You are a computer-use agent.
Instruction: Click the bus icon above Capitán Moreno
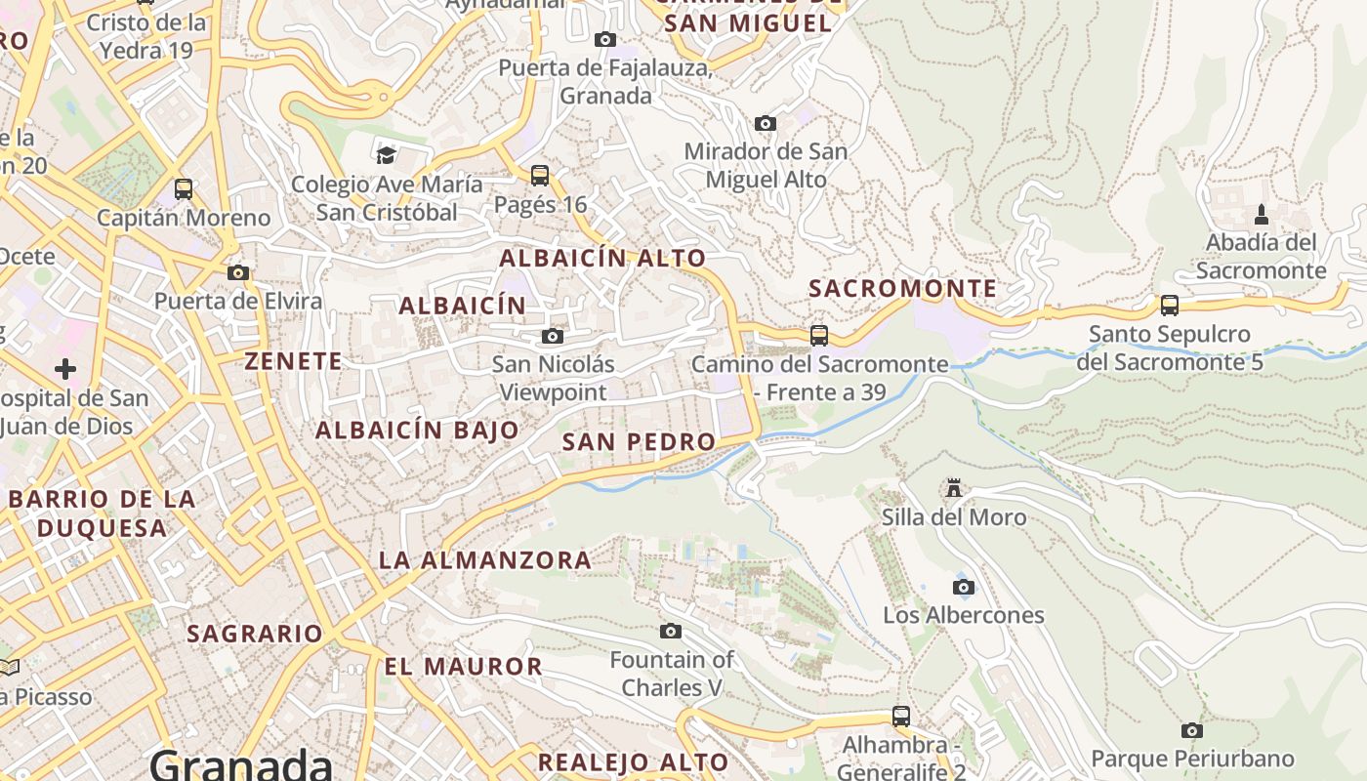(184, 189)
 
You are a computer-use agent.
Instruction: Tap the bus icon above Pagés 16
(540, 176)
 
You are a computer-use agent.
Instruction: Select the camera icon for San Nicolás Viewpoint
(553, 337)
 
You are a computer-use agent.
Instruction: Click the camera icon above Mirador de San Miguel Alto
(766, 124)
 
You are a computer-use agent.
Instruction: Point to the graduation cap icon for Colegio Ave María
(387, 155)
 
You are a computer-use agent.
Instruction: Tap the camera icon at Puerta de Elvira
(237, 273)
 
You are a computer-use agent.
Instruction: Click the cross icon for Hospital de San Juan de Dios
(65, 369)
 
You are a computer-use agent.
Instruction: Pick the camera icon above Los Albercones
(964, 587)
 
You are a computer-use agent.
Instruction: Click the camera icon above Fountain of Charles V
(671, 632)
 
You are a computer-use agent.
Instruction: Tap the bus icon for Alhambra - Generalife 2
(901, 717)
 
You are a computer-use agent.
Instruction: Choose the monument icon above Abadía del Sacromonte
(1261, 214)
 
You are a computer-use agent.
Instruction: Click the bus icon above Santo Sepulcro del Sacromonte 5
(1170, 306)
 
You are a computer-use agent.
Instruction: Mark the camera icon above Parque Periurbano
(1191, 730)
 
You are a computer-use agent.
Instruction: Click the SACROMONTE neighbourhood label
(903, 289)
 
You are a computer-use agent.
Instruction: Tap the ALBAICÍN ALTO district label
(602, 259)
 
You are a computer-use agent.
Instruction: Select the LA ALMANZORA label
(484, 560)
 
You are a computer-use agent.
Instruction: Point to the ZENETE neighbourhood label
(293, 361)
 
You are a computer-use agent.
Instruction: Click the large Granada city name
(241, 763)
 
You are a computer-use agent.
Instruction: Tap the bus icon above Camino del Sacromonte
(819, 336)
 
